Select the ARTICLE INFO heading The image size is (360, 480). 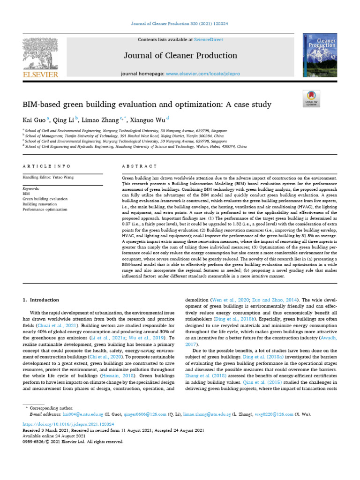point(47,166)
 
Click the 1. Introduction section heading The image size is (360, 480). point(41,300)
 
